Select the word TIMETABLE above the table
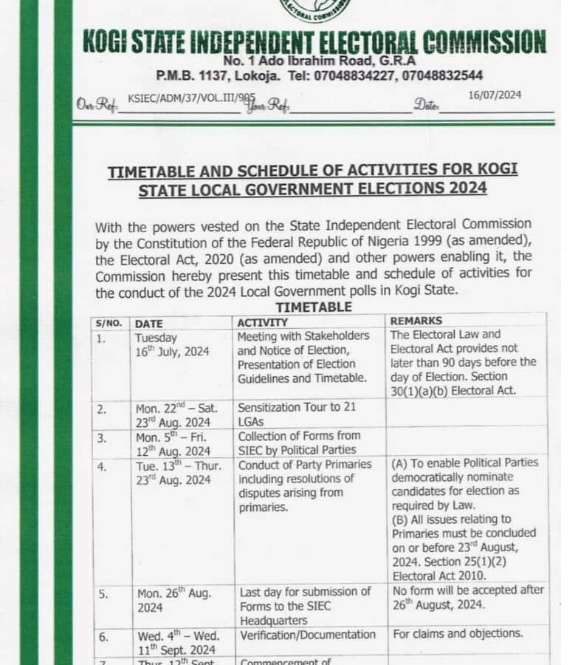pyautogui.click(x=314, y=307)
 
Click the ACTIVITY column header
pyautogui.click(x=263, y=322)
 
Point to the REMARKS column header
pyautogui.click(x=416, y=321)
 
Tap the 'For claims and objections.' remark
pyautogui.click(x=458, y=634)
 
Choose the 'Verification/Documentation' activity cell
pyautogui.click(x=306, y=634)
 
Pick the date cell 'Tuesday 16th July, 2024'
pyautogui.click(x=172, y=344)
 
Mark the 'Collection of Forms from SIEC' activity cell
pyautogui.click(x=297, y=443)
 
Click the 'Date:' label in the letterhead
pyautogui.click(x=426, y=106)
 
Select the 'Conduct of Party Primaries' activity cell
pyautogui.click(x=304, y=485)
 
